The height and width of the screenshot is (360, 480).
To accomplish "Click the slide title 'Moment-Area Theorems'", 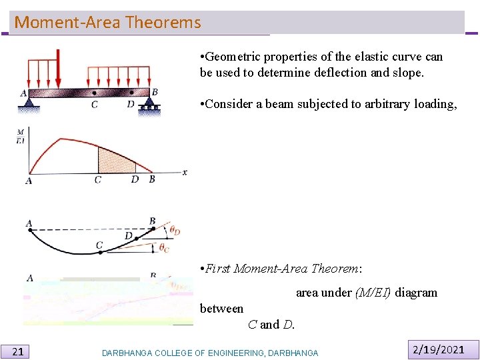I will point(107,23).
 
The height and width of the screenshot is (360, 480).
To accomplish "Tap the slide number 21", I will point(19,351).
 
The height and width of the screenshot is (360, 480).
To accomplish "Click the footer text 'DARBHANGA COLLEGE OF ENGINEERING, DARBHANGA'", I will point(210,353).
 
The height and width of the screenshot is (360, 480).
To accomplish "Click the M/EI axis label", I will point(21,137).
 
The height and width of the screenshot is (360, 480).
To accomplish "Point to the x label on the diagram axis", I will point(185,172).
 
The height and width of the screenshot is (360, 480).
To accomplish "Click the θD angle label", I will point(175,231).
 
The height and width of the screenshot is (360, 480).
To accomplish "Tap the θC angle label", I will point(164,248).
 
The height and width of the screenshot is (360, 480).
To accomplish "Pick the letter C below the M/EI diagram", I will point(98,180).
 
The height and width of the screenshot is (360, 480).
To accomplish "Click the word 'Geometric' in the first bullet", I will point(234,57).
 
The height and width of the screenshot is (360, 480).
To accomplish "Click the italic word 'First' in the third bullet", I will point(218,269).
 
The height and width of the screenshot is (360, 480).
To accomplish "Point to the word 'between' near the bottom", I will point(221,309).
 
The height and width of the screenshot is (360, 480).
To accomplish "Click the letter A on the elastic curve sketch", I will point(29,223).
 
